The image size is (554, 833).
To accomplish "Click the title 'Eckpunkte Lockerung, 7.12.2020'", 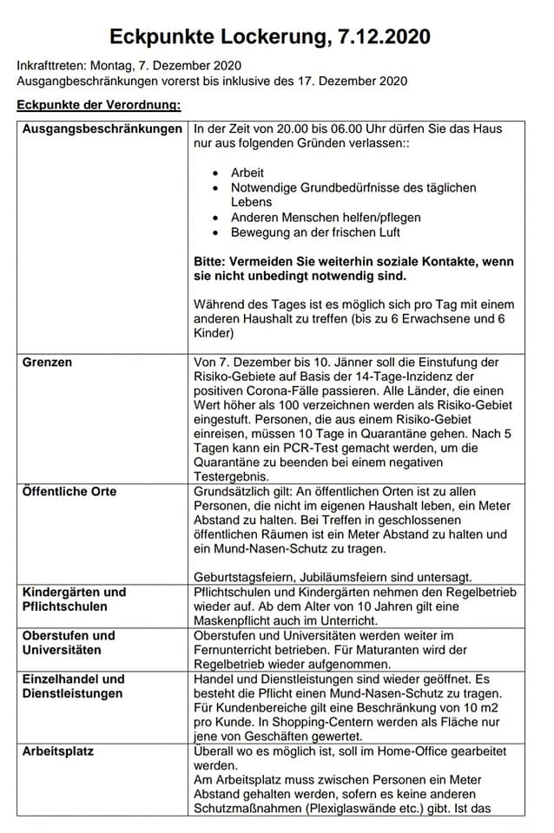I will (270, 36).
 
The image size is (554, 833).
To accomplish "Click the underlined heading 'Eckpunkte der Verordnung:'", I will (99, 106).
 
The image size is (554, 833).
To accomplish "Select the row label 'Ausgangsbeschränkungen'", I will (102, 129).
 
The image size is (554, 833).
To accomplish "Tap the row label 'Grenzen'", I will (48, 361).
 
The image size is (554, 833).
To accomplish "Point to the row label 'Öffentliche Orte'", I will (69, 491).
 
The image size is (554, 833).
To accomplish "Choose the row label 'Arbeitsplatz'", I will (58, 751).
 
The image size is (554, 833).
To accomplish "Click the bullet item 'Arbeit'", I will (247, 173).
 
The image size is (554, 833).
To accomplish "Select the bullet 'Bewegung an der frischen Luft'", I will (315, 232).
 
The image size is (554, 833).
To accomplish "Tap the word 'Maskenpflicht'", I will (239, 621).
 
